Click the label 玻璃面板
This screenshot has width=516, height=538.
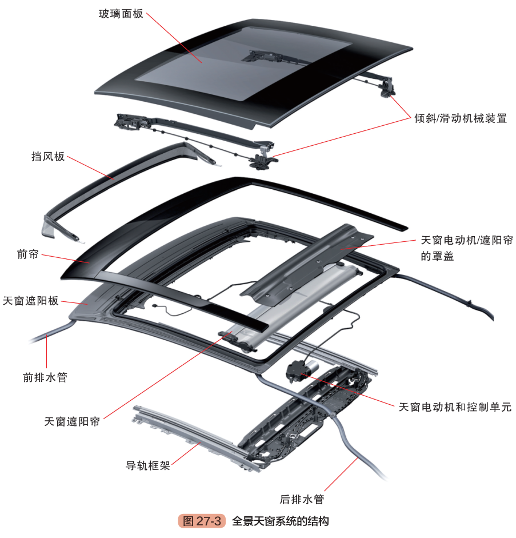(121, 14)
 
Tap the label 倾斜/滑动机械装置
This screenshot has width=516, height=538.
(461, 118)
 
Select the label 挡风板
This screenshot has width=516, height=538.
(48, 157)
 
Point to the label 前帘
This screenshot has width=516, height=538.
(28, 254)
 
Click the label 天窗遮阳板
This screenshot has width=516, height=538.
(30, 301)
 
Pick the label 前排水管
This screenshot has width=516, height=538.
(45, 377)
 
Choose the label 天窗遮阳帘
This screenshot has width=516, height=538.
(72, 421)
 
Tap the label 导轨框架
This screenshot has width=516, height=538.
(148, 465)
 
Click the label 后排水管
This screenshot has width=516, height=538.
(302, 499)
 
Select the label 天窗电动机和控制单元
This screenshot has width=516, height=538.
(455, 407)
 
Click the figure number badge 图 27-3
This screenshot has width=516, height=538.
(202, 521)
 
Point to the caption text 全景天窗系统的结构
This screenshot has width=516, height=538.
(281, 521)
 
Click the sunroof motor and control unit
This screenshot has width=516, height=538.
(302, 370)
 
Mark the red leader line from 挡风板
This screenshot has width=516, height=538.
(90, 168)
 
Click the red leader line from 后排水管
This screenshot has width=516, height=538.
(341, 475)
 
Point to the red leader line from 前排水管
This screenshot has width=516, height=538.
(47, 352)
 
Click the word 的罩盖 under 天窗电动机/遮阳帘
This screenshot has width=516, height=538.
(437, 256)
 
